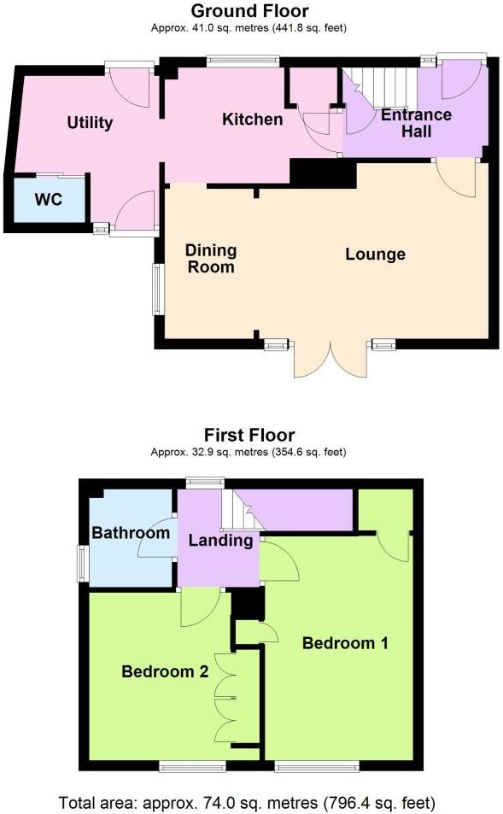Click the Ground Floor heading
pyautogui.click(x=249, y=11)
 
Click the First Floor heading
pyautogui.click(x=249, y=436)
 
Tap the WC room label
pyautogui.click(x=48, y=201)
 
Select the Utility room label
pyautogui.click(x=90, y=123)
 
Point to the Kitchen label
pyautogui.click(x=252, y=119)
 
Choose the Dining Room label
pyautogui.click(x=211, y=258)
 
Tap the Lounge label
pyautogui.click(x=375, y=255)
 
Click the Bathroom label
pyautogui.click(x=131, y=534)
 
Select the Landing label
pyautogui.click(x=220, y=540)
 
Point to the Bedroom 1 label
pyautogui.click(x=345, y=643)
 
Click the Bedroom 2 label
pyautogui.click(x=165, y=671)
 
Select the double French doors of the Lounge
pyautogui.click(x=330, y=359)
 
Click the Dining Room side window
pyautogui.click(x=157, y=289)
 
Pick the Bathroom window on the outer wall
pyautogui.click(x=84, y=563)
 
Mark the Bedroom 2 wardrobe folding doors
pyautogui.click(x=224, y=698)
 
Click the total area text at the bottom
pyautogui.click(x=247, y=802)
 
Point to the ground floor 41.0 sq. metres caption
pyautogui.click(x=249, y=28)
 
